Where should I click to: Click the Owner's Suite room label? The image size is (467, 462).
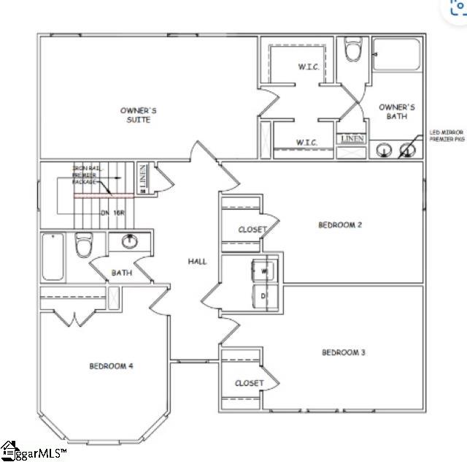[138, 115]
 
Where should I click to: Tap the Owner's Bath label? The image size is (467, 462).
[397, 111]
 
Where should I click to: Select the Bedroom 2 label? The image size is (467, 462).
[340, 224]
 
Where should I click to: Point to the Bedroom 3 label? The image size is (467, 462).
[343, 352]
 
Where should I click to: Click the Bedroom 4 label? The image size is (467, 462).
[111, 366]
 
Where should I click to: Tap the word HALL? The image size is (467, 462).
[198, 261]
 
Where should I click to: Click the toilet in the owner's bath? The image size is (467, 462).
[354, 51]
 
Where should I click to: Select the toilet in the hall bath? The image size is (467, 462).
[83, 247]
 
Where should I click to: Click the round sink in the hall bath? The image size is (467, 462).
[130, 241]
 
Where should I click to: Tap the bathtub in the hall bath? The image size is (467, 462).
[53, 257]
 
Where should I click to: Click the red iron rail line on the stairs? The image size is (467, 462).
[102, 195]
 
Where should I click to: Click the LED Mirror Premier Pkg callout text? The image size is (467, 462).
[446, 135]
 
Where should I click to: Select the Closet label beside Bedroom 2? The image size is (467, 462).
[252, 230]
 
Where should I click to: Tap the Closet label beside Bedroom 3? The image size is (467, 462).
[249, 383]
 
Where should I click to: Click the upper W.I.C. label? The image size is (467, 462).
[307, 67]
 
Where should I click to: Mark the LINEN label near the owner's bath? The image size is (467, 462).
[352, 139]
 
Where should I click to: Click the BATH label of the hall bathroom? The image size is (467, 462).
[121, 273]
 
